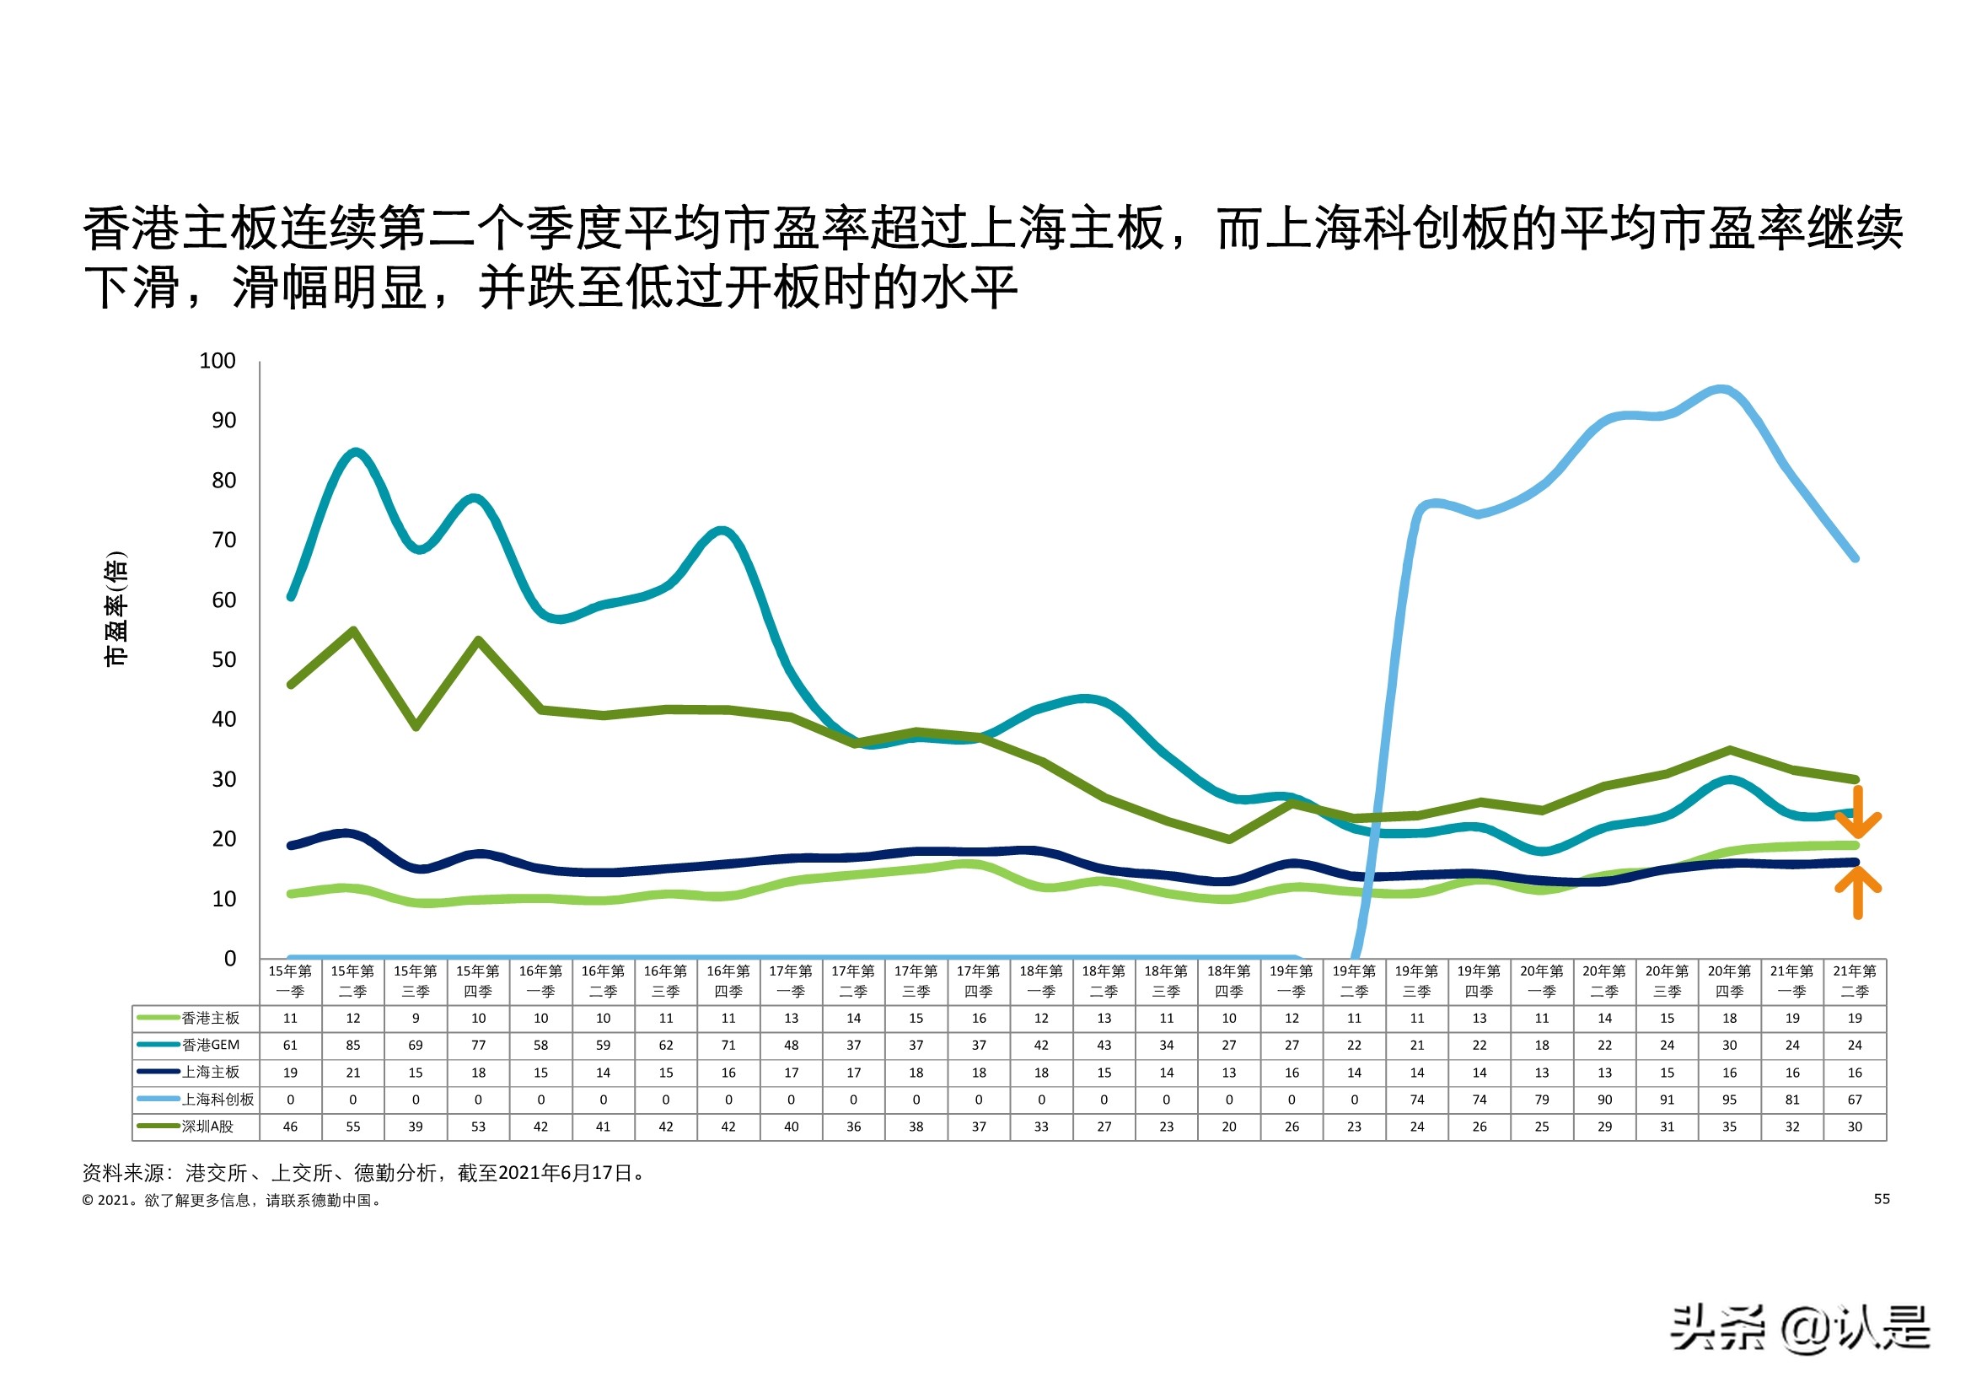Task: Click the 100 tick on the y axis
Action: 218,361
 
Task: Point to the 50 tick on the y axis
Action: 223,659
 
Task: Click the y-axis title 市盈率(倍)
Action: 115,609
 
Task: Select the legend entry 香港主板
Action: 210,1018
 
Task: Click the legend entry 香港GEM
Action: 210,1046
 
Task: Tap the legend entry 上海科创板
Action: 218,1100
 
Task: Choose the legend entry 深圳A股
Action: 207,1126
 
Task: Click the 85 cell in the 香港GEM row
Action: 353,1046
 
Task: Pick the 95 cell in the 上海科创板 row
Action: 1729,1100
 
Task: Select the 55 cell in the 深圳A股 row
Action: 353,1126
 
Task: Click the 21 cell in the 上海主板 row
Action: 353,1073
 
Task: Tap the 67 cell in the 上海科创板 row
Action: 1855,1100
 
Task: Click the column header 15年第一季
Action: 290,981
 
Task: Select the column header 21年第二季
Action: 1855,981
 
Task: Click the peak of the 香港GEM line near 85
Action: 356,452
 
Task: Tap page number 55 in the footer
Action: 1881,1199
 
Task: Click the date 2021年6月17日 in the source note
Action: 564,1173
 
